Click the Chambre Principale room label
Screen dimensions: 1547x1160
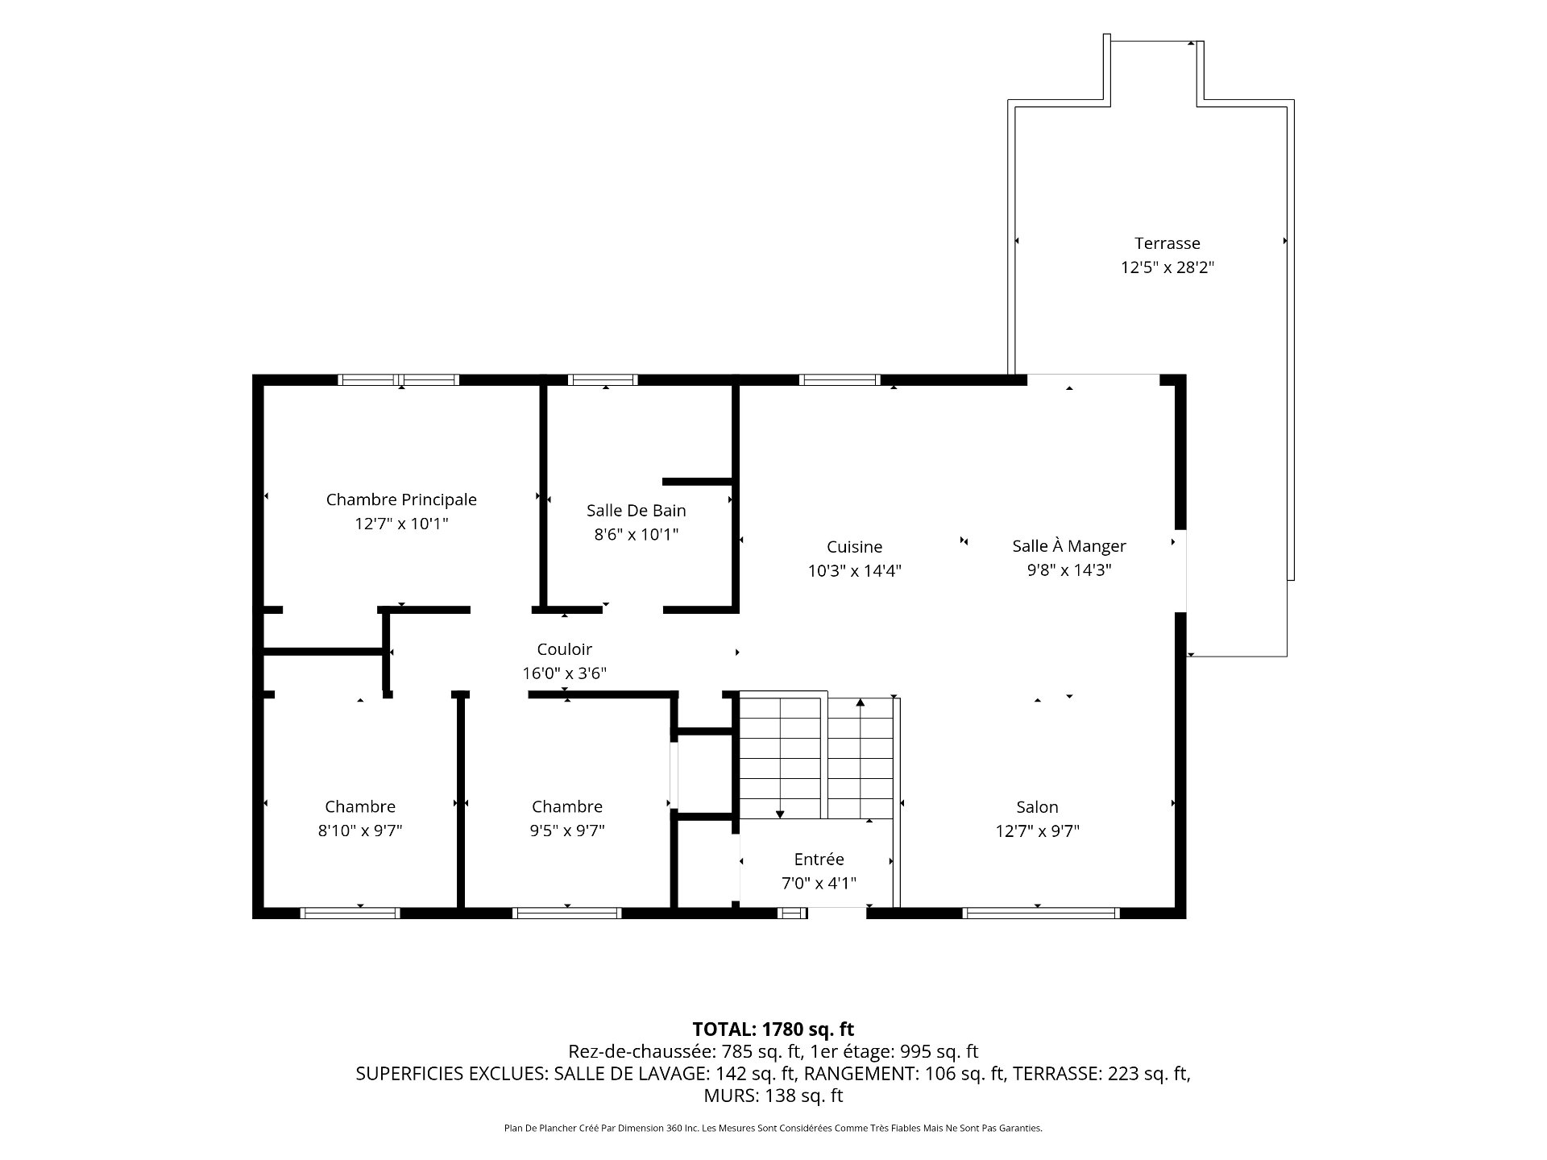coord(401,499)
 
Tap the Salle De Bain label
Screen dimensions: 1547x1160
coord(637,510)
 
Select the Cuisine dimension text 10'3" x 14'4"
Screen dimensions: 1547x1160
coord(854,571)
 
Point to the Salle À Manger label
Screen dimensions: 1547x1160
coord(1069,545)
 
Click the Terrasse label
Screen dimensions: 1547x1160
coord(1168,243)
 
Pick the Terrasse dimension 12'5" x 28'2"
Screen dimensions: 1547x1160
coord(1168,267)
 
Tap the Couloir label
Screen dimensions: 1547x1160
coord(565,649)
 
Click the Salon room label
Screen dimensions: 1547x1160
coord(1037,807)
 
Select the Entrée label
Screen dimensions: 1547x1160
coord(819,860)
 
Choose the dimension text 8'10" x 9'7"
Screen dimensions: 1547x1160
coord(360,831)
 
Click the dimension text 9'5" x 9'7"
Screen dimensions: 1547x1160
coord(567,831)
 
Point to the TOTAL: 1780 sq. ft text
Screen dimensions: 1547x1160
coord(773,1029)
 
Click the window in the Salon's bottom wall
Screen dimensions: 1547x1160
coord(1041,913)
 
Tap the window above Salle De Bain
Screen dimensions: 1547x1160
coord(603,380)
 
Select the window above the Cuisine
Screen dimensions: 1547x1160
coord(840,380)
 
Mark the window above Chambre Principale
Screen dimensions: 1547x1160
coord(399,380)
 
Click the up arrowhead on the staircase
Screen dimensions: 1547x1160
coord(861,702)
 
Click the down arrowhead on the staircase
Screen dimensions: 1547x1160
coord(780,814)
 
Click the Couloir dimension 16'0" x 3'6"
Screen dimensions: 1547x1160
coord(565,673)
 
